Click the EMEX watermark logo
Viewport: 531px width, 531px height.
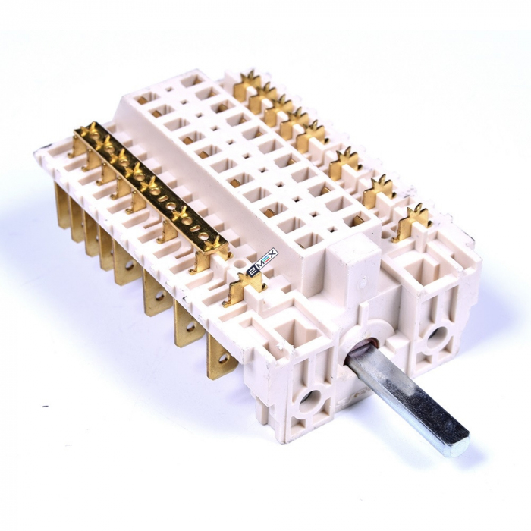point(263,261)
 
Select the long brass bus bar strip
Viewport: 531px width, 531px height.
point(149,184)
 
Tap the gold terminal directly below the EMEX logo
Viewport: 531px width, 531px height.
point(244,287)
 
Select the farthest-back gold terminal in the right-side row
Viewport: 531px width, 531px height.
point(247,85)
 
